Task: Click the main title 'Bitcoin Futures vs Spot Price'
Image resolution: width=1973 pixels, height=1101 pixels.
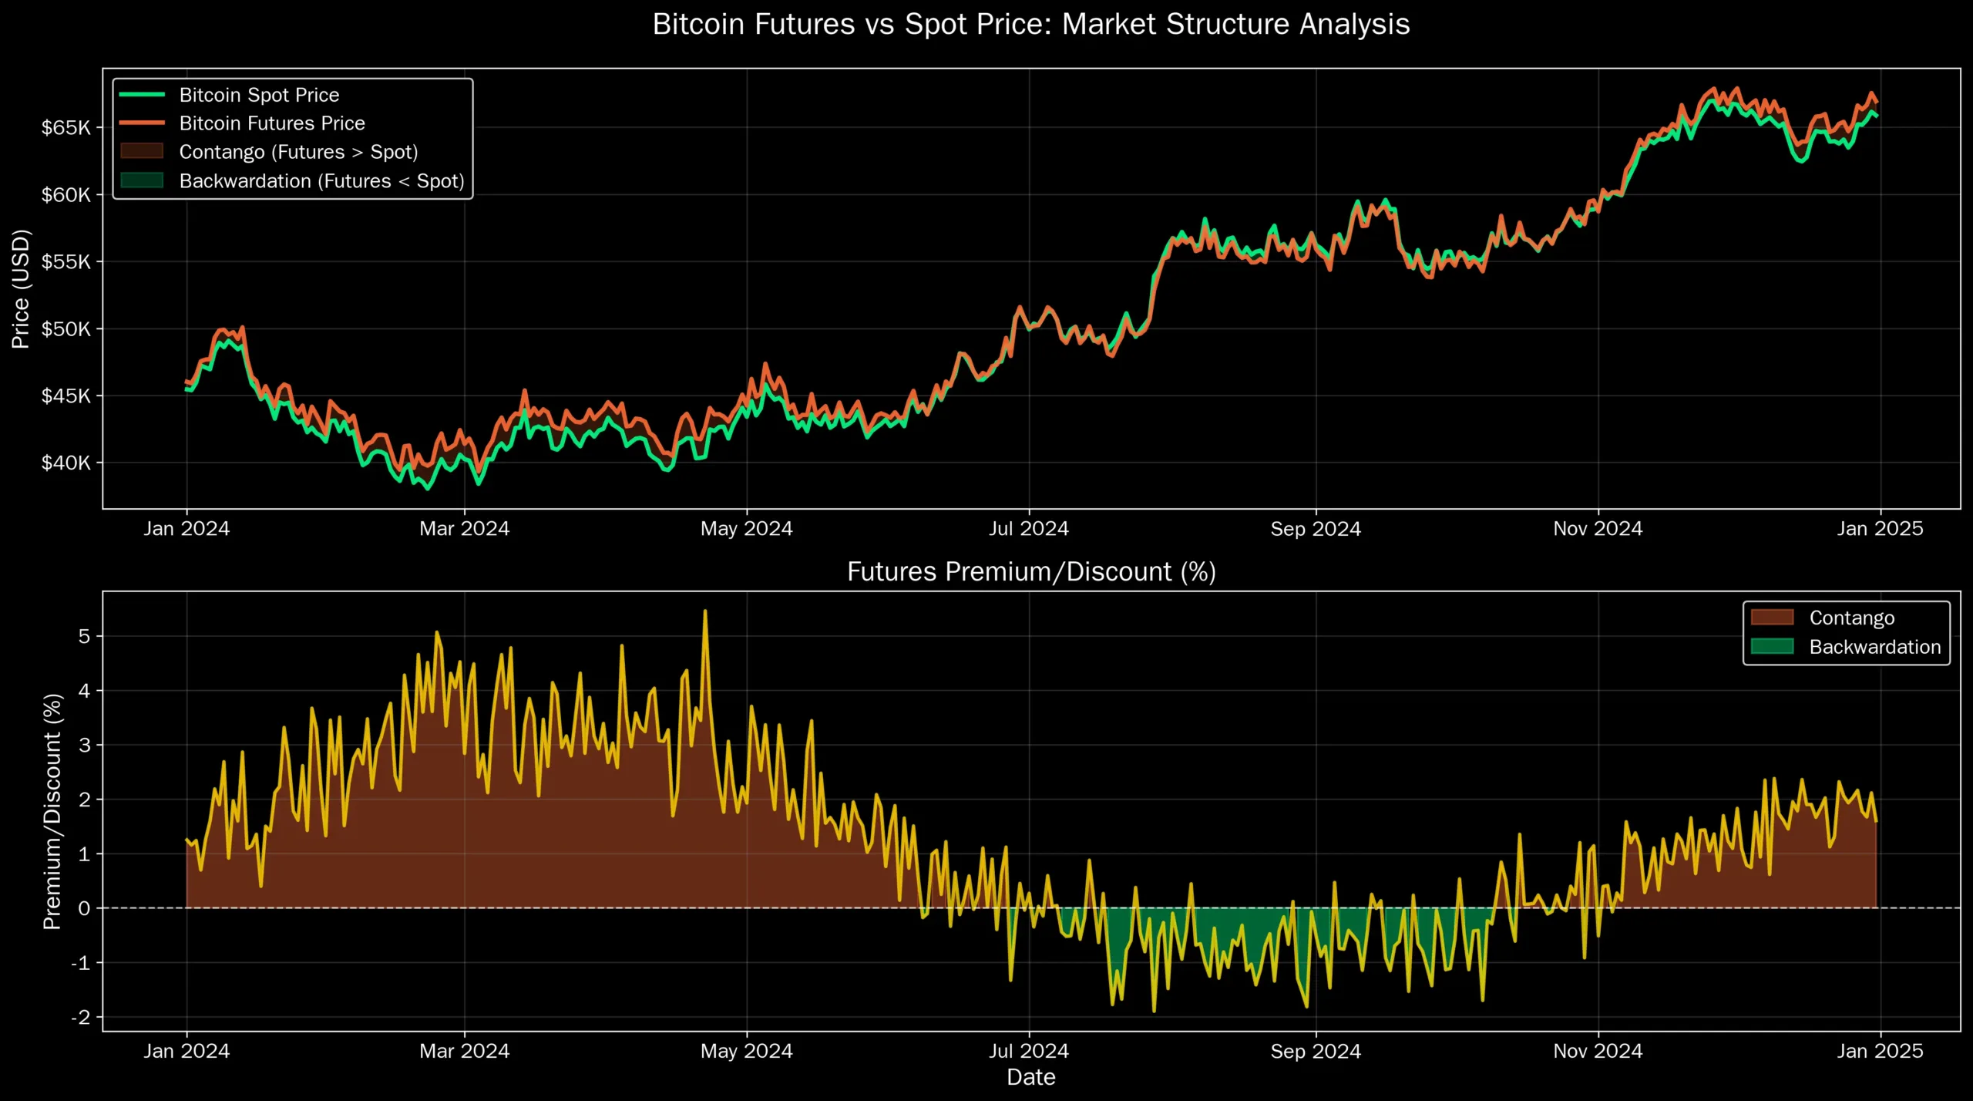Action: (x=1031, y=25)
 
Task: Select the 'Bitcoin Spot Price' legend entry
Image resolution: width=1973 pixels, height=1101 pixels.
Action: (x=259, y=95)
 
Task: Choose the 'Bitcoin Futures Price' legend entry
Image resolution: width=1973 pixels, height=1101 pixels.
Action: (x=272, y=123)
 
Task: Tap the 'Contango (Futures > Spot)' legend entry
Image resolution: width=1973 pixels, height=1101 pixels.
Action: (x=298, y=152)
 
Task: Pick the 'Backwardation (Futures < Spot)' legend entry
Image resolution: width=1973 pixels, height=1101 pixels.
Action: (x=321, y=181)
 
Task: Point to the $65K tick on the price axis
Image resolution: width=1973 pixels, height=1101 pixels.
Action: (x=66, y=128)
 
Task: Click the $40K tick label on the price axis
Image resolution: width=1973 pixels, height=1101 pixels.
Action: (x=66, y=463)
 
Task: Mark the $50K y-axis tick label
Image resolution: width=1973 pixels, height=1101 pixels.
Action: (x=66, y=329)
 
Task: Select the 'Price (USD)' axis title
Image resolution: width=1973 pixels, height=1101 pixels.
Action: (x=21, y=289)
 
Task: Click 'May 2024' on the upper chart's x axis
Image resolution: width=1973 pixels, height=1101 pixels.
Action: (x=746, y=529)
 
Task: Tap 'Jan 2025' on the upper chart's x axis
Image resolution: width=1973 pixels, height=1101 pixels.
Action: (x=1880, y=529)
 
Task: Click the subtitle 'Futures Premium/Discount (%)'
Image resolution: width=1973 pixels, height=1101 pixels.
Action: (x=1031, y=572)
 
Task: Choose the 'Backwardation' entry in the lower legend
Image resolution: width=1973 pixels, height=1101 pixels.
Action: (x=1874, y=647)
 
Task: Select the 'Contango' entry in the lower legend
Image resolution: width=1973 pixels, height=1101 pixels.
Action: (x=1851, y=618)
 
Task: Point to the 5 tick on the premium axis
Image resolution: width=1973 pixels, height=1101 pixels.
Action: (x=85, y=637)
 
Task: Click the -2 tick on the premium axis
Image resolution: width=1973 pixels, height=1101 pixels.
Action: (x=81, y=1018)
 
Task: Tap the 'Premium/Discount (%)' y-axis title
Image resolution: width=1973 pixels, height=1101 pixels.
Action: (x=52, y=812)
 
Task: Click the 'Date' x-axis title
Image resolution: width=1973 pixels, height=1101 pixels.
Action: (x=1031, y=1077)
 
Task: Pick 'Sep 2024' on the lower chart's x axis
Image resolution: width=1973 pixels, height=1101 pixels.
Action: (x=1316, y=1051)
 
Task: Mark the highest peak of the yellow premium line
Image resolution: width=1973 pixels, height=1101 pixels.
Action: (x=705, y=611)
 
